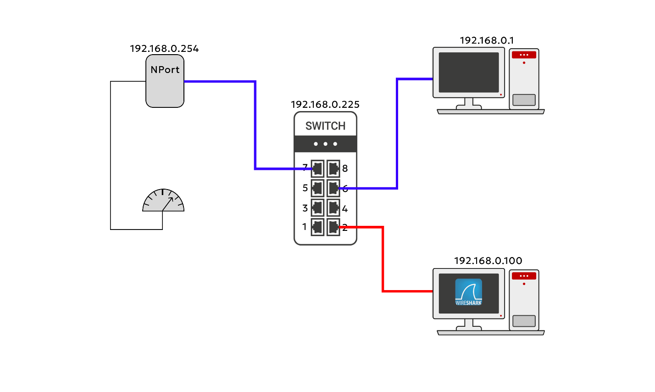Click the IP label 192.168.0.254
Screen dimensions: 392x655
pyautogui.click(x=164, y=49)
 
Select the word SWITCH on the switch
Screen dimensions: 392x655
pyautogui.click(x=325, y=126)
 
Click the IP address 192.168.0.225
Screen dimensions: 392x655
pyautogui.click(x=325, y=105)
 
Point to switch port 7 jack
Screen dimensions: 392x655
pyautogui.click(x=317, y=168)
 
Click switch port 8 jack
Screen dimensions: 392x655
pyautogui.click(x=333, y=168)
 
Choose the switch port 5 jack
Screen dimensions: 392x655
pyautogui.click(x=317, y=188)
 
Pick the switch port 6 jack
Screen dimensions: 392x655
pyautogui.click(x=333, y=188)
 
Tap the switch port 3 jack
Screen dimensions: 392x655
pyautogui.click(x=317, y=208)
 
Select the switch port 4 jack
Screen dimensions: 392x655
pyautogui.click(x=333, y=208)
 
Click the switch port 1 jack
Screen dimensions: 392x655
pyautogui.click(x=317, y=227)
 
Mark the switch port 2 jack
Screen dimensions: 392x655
pyautogui.click(x=333, y=227)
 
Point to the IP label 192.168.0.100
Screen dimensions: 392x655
pyautogui.click(x=488, y=261)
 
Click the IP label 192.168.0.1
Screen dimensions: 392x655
pyautogui.click(x=487, y=40)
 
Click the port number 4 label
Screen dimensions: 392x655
pyautogui.click(x=345, y=209)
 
